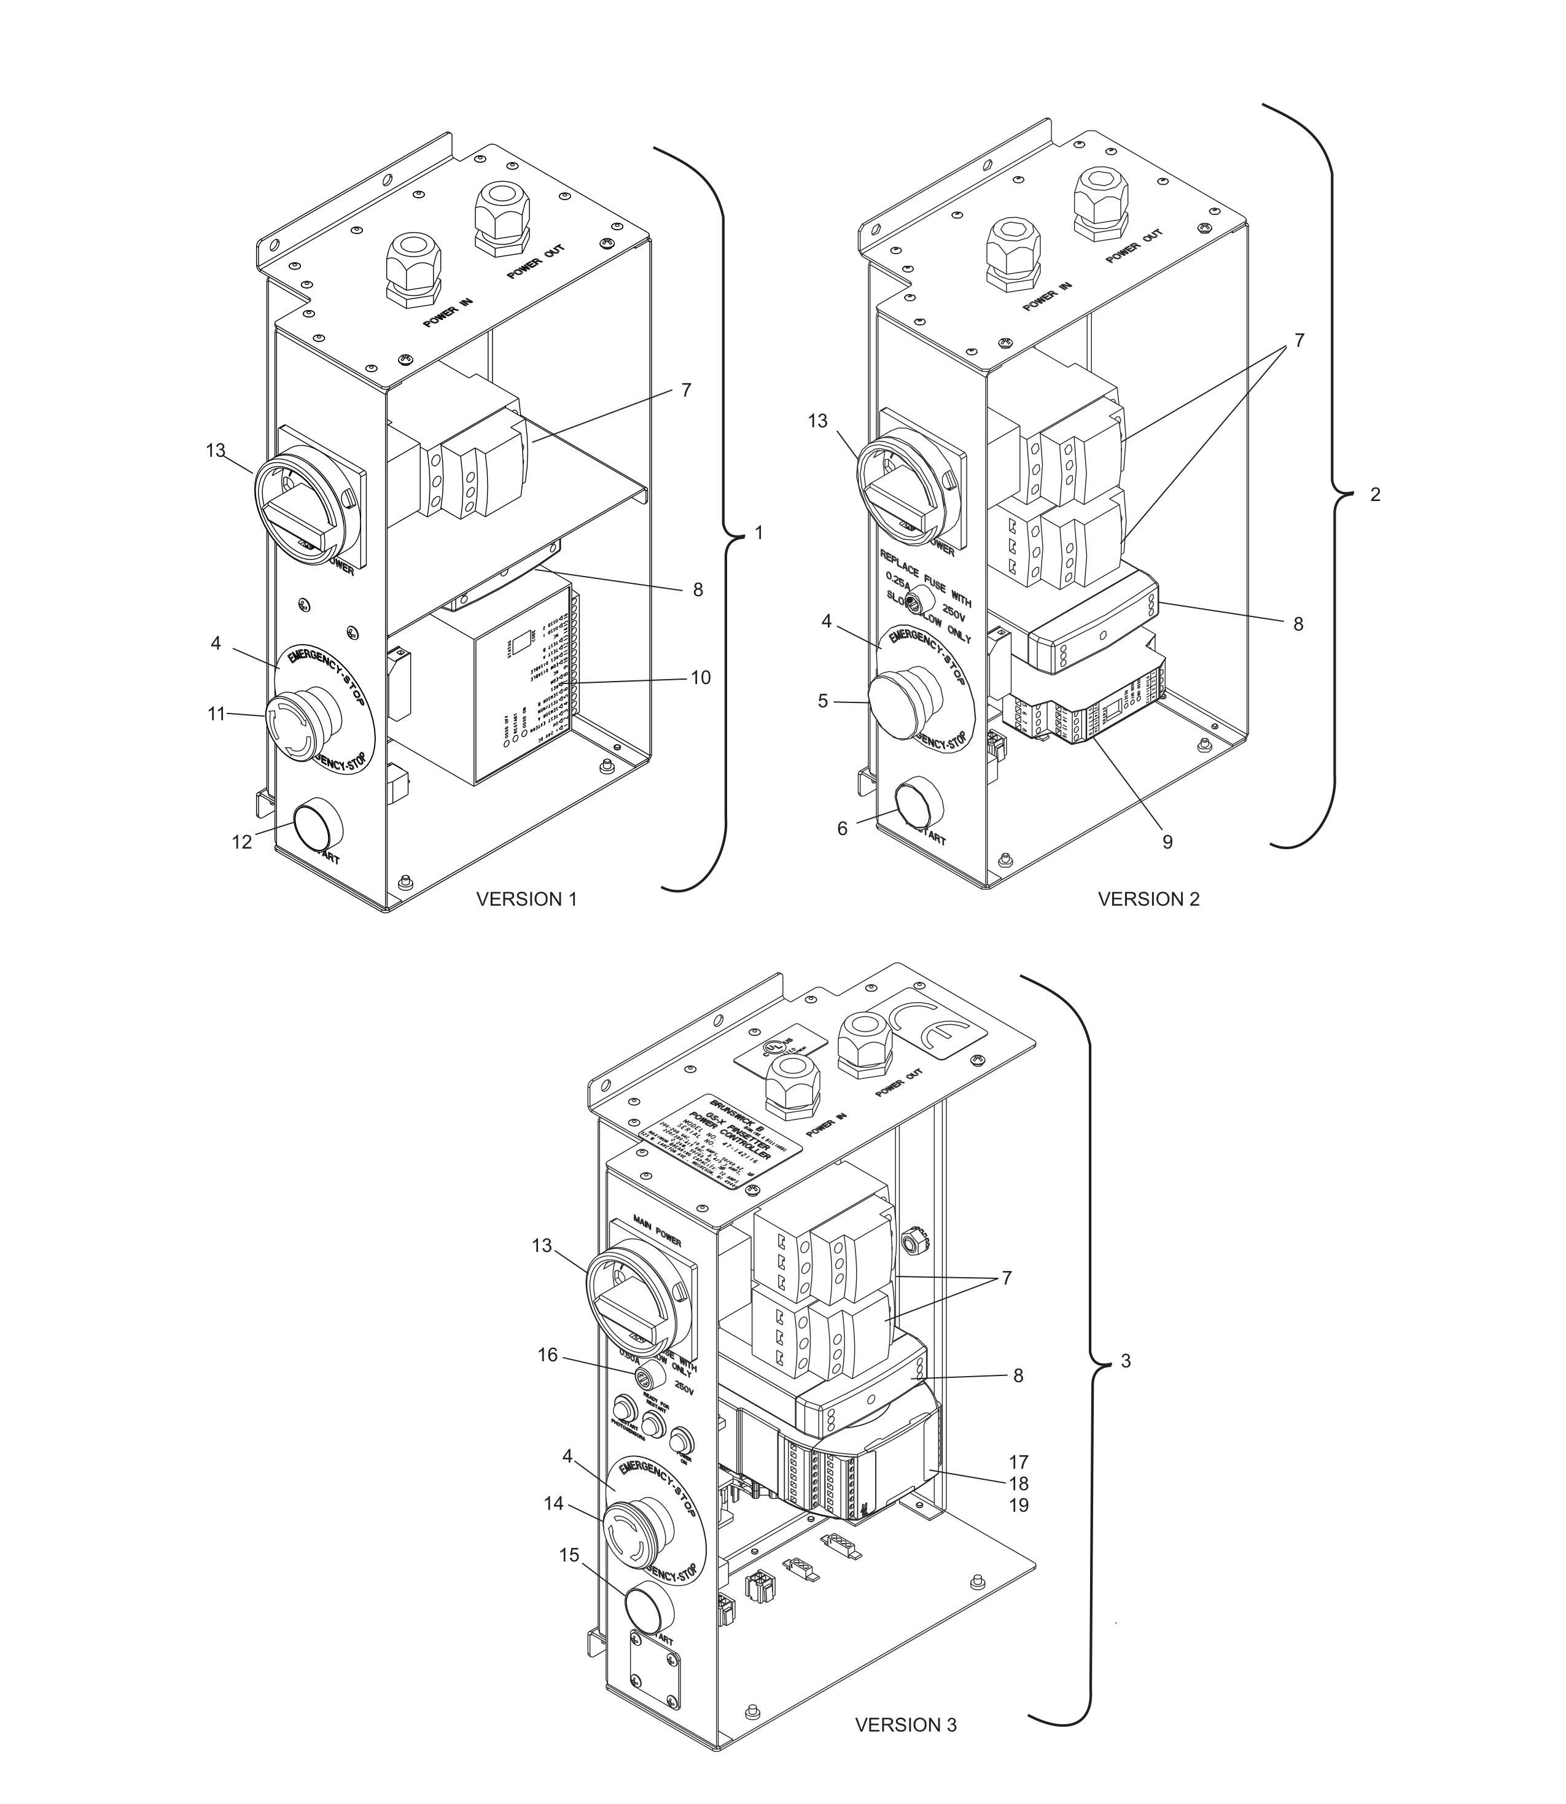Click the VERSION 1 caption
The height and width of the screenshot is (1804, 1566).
click(526, 899)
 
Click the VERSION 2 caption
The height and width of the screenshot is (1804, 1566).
click(1148, 899)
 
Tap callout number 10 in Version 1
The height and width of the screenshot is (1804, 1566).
click(700, 678)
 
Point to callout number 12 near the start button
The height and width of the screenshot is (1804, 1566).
click(241, 842)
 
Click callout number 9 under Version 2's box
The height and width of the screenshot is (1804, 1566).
click(1167, 842)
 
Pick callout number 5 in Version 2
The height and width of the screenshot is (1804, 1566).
click(822, 701)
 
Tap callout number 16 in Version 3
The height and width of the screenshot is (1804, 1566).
click(547, 1355)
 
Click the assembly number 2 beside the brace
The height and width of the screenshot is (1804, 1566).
click(1374, 494)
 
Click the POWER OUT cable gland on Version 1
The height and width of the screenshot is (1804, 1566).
click(502, 219)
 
